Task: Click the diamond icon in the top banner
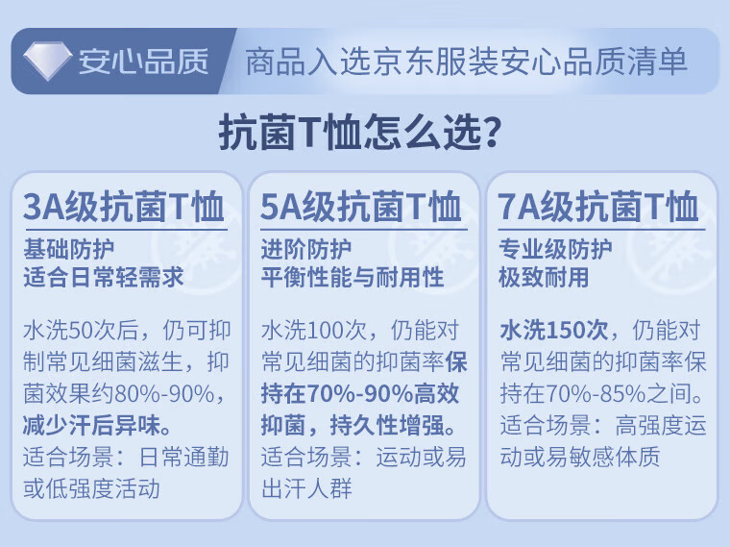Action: click(47, 61)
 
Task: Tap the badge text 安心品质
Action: click(143, 61)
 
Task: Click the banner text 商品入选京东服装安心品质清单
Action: click(467, 62)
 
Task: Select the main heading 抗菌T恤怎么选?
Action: click(360, 133)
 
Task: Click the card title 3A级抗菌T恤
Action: click(124, 207)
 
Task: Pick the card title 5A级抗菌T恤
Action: click(361, 207)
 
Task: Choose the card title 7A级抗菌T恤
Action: click(598, 207)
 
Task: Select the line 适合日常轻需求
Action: click(104, 277)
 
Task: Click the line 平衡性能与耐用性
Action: click(353, 277)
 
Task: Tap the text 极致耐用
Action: click(544, 277)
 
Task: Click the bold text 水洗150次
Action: click(554, 330)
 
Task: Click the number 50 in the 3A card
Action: click(80, 330)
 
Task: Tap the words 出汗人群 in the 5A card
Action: click(306, 487)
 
